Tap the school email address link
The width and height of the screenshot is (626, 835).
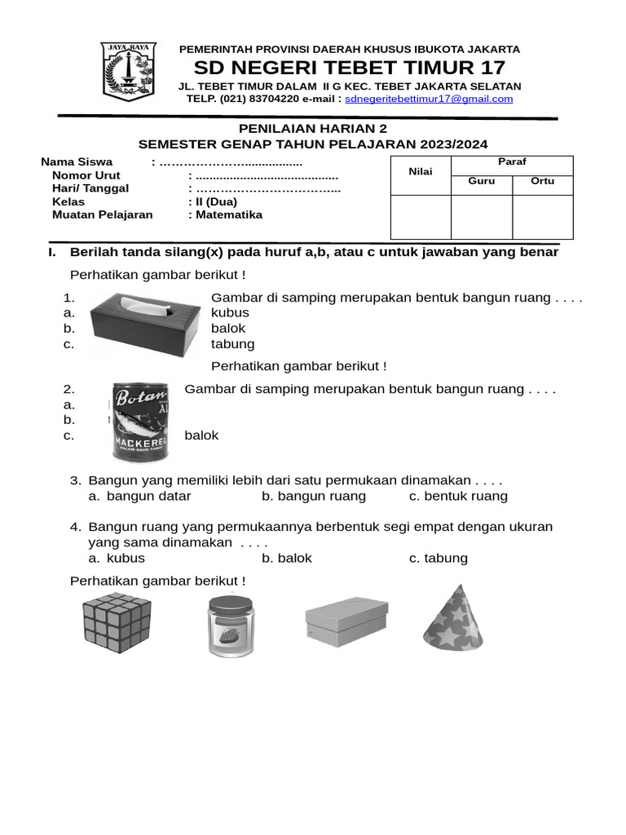tap(429, 99)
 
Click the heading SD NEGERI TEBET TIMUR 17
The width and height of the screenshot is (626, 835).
tap(350, 67)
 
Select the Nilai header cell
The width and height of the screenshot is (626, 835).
tap(421, 171)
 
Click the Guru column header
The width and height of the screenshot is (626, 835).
tap(481, 181)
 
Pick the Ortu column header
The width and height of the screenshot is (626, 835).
tap(542, 181)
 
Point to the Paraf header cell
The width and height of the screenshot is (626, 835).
tap(512, 161)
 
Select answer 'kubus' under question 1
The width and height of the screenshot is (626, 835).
tap(230, 312)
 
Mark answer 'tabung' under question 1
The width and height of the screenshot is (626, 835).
tap(232, 344)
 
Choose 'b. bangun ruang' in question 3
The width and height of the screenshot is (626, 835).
tap(314, 496)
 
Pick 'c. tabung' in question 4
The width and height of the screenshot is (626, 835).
tap(439, 558)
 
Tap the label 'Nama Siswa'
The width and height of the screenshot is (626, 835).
tap(77, 161)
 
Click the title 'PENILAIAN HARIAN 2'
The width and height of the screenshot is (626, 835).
tap(313, 129)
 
